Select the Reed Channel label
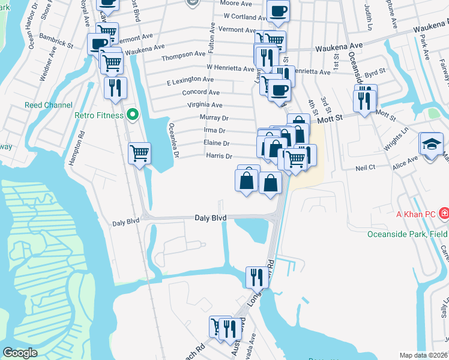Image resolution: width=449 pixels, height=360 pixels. (49, 105)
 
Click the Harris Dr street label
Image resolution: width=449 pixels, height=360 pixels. (219, 156)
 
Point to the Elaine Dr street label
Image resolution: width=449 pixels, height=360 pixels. (217, 143)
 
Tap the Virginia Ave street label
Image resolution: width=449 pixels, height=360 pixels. (206, 105)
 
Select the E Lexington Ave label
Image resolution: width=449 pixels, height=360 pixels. (190, 80)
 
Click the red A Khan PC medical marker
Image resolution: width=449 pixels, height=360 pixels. (444, 213)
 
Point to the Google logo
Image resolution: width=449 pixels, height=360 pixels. (20, 353)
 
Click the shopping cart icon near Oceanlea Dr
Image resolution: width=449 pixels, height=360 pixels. (139, 154)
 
